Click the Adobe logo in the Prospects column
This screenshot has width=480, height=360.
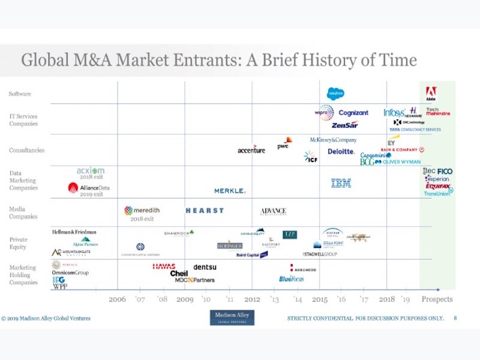[x=431, y=94]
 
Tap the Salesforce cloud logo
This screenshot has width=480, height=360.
[x=335, y=94]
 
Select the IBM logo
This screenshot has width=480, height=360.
[x=341, y=183]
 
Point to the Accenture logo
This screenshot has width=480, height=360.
[x=251, y=149]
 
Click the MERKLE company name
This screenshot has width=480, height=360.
[x=230, y=191]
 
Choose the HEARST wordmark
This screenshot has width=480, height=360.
[x=205, y=211]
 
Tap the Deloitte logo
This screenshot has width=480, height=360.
[x=341, y=152]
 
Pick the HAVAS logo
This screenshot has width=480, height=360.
[x=164, y=266]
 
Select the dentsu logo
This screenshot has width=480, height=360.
[x=205, y=266]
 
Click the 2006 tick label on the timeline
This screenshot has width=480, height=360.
[x=117, y=299]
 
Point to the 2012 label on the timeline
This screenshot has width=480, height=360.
[x=252, y=299]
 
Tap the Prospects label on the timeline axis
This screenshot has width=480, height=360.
[x=437, y=299]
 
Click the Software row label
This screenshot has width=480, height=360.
[x=20, y=94]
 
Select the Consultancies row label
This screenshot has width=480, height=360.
[x=26, y=150]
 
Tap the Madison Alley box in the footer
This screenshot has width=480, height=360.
[x=232, y=317]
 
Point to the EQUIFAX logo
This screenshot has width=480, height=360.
[x=438, y=186]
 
